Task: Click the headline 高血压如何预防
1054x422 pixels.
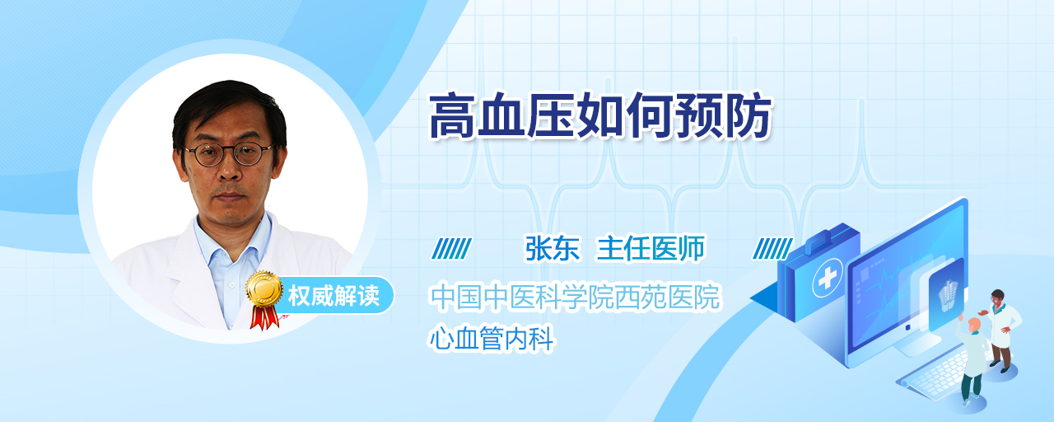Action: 600,116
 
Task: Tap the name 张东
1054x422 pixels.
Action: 553,248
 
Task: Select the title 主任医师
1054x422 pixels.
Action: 651,248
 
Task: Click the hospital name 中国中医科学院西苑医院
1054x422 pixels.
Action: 575,297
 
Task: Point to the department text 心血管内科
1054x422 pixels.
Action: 492,338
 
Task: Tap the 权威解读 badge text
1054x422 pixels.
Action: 333,296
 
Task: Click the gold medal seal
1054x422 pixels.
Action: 264,288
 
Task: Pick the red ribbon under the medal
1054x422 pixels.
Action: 264,317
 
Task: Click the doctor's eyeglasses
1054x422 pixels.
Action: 229,153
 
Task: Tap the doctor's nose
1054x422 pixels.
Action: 230,172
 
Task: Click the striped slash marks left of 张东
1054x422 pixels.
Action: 451,249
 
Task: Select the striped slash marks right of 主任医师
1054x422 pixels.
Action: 772,249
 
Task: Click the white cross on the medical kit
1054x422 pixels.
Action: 828,278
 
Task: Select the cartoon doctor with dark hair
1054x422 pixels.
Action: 1001,329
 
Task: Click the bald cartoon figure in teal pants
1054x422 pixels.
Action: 972,361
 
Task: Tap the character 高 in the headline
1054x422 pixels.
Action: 452,116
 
